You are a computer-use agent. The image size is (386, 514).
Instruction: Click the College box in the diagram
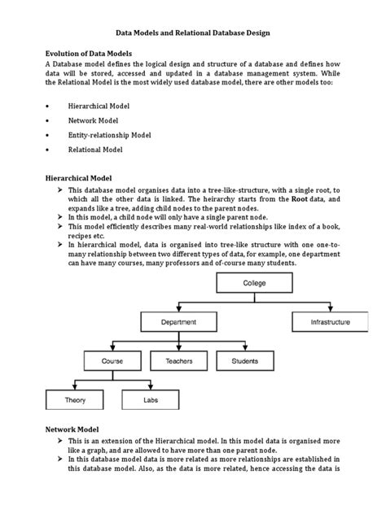[255, 283]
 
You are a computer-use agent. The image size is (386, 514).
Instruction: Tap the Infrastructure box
[331, 322]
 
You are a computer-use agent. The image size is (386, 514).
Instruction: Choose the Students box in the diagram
[245, 360]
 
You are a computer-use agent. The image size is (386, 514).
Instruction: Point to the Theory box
[74, 400]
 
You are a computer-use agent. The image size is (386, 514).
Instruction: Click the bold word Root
[299, 199]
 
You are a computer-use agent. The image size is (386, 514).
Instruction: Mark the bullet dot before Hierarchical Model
[50, 106]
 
